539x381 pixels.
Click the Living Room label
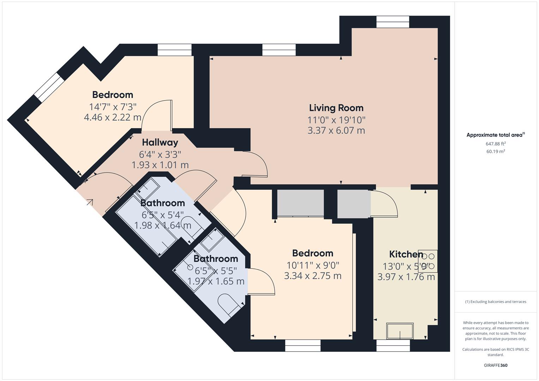[x=336, y=108]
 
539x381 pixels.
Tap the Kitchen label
[x=406, y=254]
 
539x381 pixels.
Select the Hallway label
[x=160, y=143]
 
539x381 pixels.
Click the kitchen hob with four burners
[x=428, y=261]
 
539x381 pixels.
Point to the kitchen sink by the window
[x=400, y=331]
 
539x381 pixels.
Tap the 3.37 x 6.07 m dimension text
[x=336, y=131]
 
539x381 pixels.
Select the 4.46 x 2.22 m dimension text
[x=113, y=117]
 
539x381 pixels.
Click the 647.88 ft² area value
[x=496, y=144]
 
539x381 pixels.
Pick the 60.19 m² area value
[x=496, y=152]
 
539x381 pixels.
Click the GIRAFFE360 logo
[x=496, y=365]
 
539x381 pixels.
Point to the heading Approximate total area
[x=496, y=135]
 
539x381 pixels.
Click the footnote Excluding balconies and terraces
[x=496, y=302]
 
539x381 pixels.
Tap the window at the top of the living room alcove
[x=393, y=22]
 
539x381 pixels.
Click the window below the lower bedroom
[x=303, y=345]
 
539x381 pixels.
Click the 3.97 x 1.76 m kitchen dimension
[x=406, y=277]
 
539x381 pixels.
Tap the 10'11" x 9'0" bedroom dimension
[x=313, y=265]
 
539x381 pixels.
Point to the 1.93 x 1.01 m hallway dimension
[x=160, y=165]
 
